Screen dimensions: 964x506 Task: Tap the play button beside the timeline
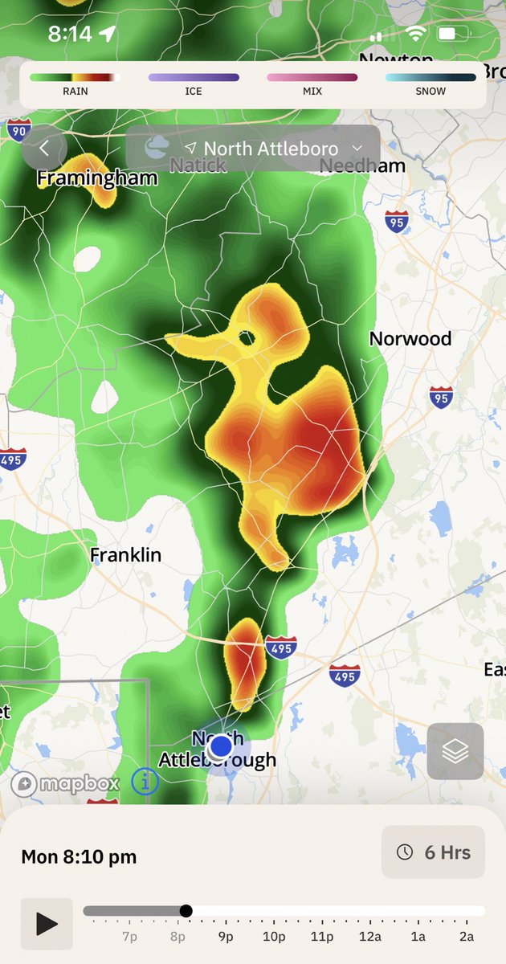47,924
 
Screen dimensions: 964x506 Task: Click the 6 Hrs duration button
434,852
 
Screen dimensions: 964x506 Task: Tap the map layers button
455,751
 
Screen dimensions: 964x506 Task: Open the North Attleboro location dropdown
271,149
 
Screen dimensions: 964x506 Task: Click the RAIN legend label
75,92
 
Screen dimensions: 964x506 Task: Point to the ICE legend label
194,92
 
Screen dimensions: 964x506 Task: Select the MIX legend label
312,92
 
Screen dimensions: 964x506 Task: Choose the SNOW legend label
431,92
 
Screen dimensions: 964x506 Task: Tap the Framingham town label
97,178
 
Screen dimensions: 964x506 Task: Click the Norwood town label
410,338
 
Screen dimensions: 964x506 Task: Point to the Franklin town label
125,555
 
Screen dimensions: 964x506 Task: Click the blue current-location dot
221,746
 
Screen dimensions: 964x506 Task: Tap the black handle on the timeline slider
186,911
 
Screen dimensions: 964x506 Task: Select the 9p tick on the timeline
226,937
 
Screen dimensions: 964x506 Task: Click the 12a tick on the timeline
370,937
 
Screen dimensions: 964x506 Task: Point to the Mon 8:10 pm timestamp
79,857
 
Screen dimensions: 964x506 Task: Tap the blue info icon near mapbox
145,781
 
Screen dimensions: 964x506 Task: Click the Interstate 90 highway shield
18,129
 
